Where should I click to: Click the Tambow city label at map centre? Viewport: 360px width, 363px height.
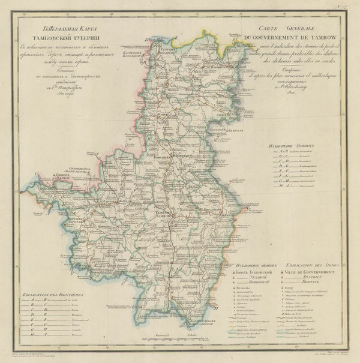164,214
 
